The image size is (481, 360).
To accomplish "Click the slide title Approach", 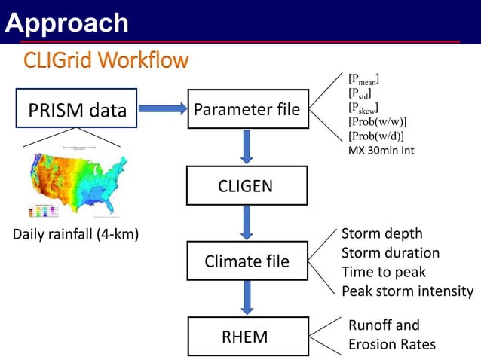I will (66, 23).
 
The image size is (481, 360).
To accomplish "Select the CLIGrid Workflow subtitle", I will (106, 59).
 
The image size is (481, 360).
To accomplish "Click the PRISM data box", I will (78, 111).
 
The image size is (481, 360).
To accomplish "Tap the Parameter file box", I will (247, 111).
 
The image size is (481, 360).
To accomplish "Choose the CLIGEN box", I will (247, 186).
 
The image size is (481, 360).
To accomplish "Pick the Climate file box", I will (247, 261).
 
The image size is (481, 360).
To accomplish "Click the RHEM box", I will (244, 337).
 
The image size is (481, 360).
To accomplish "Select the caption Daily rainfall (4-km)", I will (75, 234).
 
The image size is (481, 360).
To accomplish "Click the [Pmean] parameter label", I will (363, 79).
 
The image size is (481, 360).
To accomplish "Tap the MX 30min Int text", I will (381, 151).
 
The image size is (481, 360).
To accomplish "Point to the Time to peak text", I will (383, 272).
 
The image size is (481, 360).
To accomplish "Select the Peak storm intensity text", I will (407, 291).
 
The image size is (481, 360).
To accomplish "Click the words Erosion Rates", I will (391, 344).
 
